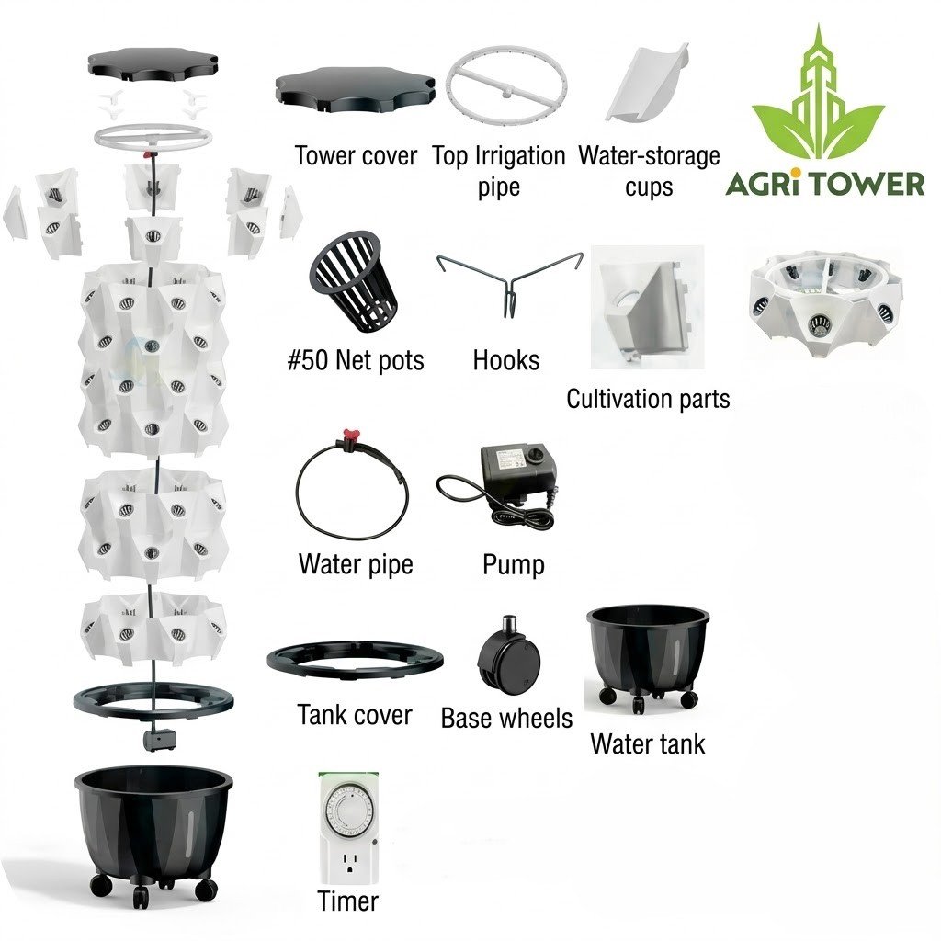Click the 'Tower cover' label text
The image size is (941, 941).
tap(356, 156)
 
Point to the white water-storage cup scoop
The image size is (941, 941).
tap(646, 83)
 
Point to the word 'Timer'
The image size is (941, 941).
tap(347, 901)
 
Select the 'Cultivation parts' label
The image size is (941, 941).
tap(648, 399)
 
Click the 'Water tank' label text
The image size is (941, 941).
tap(648, 743)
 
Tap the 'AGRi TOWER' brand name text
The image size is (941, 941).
tap(825, 184)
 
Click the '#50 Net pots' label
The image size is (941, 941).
tap(356, 360)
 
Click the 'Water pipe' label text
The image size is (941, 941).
tap(356, 565)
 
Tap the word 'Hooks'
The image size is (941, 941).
tap(506, 360)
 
